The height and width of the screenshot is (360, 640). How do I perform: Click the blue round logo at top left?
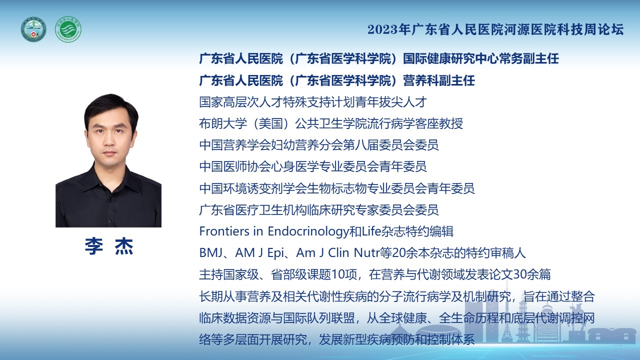[x=33, y=29]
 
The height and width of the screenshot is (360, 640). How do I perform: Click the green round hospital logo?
[x=68, y=29]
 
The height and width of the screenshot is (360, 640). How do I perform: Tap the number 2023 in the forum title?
[x=382, y=29]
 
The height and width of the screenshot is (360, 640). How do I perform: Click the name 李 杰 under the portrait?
[x=109, y=246]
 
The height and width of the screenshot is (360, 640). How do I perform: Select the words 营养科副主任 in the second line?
[x=439, y=80]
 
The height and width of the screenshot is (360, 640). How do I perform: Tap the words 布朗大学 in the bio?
[x=223, y=123]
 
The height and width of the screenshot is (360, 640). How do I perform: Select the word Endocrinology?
[x=308, y=231]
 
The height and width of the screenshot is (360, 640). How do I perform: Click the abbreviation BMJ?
[x=210, y=253]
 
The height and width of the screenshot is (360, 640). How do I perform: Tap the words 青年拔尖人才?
[x=391, y=102]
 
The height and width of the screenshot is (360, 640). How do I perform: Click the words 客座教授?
[x=439, y=123]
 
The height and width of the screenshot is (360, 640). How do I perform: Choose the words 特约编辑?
[x=429, y=231]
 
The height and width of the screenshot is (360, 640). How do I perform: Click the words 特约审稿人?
[x=495, y=253]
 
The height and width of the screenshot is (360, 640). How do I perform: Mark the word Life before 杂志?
[x=371, y=231]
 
